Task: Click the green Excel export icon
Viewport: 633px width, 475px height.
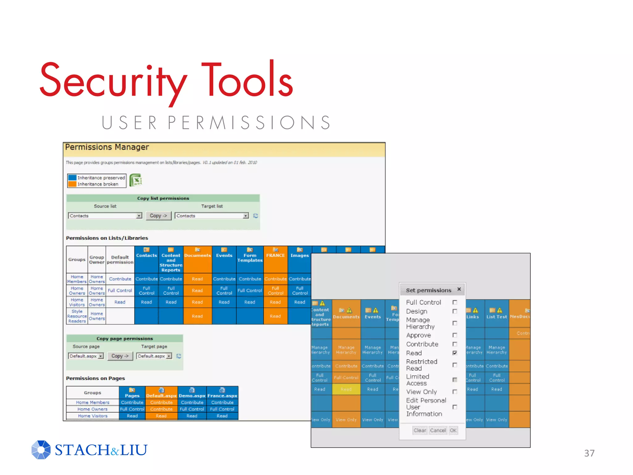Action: pos(135,180)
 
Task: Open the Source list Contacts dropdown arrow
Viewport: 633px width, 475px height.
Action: pos(139,216)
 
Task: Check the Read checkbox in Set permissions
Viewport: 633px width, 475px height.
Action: pos(455,353)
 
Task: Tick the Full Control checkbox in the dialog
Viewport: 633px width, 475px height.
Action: pos(455,302)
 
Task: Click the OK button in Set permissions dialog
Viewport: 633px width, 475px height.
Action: pos(453,430)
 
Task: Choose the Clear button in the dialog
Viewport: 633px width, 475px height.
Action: pos(419,430)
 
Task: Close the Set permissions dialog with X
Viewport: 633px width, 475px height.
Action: pos(459,289)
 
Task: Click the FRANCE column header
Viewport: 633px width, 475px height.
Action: pos(275,255)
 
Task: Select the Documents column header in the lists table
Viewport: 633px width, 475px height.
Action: pos(198,255)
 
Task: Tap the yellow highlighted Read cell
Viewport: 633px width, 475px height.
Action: pos(346,389)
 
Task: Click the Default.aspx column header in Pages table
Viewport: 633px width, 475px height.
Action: pos(161,396)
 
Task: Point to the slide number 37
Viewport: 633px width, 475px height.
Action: pos(589,453)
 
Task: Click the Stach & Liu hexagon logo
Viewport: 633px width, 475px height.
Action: pos(41,450)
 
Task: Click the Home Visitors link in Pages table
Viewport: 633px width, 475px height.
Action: pos(93,416)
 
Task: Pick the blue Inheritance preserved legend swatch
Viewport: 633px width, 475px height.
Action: pos(72,178)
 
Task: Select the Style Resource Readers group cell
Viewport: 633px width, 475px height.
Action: pos(77,316)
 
